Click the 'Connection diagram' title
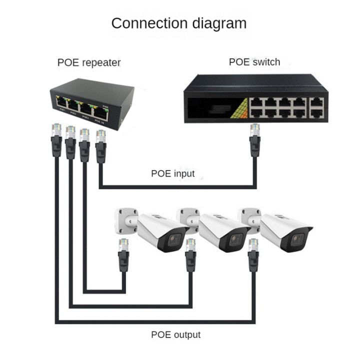click(178, 23)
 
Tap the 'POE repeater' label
click(89, 62)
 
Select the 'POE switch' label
click(254, 62)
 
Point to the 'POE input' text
click(172, 173)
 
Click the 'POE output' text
click(175, 334)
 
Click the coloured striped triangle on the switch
click(239, 107)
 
